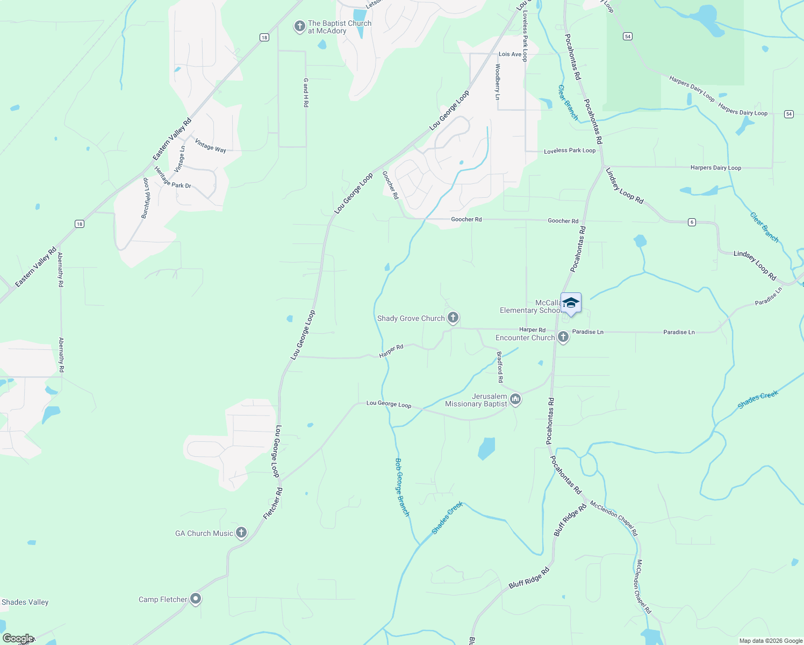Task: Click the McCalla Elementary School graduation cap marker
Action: click(x=571, y=303)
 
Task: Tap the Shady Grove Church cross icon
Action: click(x=453, y=318)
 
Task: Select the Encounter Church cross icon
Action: click(x=563, y=337)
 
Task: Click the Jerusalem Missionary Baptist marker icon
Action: click(x=515, y=399)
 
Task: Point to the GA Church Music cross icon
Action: click(x=241, y=533)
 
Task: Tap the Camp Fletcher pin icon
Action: click(x=196, y=599)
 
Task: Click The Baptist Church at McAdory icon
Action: click(x=300, y=26)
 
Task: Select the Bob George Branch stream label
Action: click(x=403, y=487)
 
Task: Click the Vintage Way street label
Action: click(x=210, y=146)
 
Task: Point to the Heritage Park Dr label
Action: click(x=173, y=178)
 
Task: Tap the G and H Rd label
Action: click(x=306, y=92)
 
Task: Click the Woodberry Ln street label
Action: click(x=497, y=82)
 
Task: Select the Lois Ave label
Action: click(x=510, y=54)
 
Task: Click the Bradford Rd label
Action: click(x=500, y=367)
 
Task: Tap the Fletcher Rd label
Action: click(x=272, y=504)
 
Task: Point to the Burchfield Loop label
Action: click(x=146, y=198)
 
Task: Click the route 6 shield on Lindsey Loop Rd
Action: click(x=692, y=222)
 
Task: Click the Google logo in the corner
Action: click(x=17, y=639)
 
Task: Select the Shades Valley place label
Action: click(x=25, y=602)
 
